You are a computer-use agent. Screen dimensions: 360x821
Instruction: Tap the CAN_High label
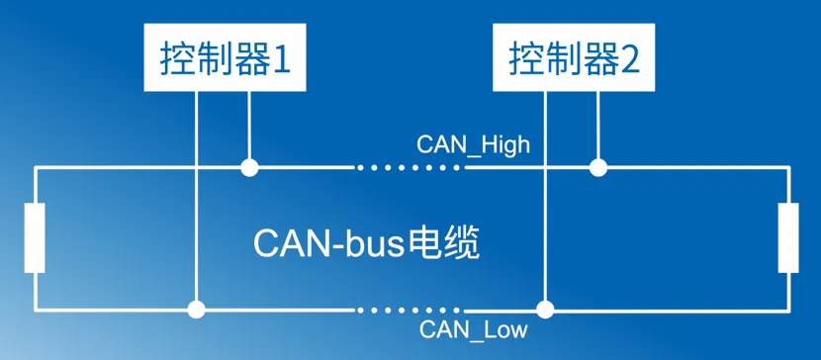coord(473,144)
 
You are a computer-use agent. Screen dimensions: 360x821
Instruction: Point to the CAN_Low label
coord(474,330)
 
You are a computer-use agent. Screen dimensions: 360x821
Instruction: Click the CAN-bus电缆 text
coord(367,242)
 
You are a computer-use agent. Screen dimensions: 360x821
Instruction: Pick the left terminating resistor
coord(36,237)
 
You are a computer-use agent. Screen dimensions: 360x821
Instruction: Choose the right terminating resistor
coord(787,237)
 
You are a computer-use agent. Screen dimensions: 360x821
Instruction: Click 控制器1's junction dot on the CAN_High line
coord(250,167)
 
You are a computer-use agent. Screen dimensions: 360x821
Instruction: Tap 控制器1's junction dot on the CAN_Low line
coord(197,310)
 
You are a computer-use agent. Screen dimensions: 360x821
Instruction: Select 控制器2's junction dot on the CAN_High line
coord(597,167)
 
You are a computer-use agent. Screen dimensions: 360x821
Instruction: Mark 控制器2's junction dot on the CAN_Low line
coord(545,310)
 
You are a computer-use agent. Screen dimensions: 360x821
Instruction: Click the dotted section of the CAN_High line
coord(408,167)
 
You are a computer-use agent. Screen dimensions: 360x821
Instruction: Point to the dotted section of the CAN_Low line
coord(408,310)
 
